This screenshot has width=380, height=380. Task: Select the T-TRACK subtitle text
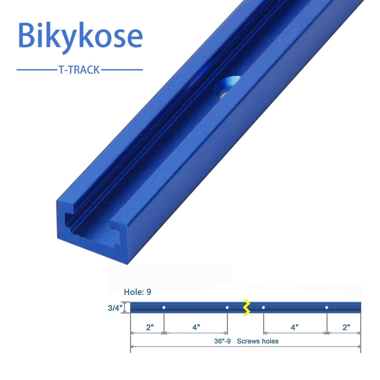tap(79, 70)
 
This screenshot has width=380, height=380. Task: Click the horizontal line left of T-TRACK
tap(37, 70)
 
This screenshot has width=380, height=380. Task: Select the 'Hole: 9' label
tap(137, 292)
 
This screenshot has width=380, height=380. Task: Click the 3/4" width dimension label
tap(115, 308)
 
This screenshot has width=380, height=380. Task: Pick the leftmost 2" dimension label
tap(150, 327)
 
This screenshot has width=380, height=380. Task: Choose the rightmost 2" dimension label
tap(346, 327)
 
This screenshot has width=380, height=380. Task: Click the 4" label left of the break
tap(196, 327)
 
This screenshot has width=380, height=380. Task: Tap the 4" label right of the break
tap(294, 327)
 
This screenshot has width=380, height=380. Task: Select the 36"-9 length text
tap(222, 341)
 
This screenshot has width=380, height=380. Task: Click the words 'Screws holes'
tap(258, 341)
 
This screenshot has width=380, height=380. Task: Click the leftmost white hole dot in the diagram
tap(164, 308)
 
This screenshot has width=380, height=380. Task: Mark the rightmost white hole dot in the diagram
tap(327, 308)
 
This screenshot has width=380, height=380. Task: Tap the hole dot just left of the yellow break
tap(227, 308)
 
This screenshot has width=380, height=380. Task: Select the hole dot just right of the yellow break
tap(263, 308)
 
